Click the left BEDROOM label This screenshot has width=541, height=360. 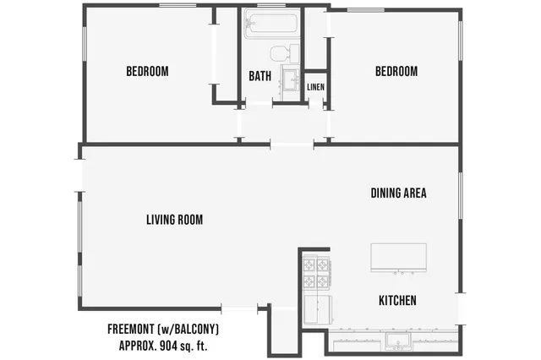(147, 72)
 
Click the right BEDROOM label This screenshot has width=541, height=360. (396, 72)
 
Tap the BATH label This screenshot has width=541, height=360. (260, 76)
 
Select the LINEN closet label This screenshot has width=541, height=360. (315, 87)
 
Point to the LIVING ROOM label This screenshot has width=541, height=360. (174, 220)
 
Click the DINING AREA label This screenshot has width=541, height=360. (398, 193)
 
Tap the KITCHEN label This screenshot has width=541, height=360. (397, 301)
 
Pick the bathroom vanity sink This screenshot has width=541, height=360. (291, 81)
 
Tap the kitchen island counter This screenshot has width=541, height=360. (398, 257)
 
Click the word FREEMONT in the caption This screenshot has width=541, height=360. (136, 329)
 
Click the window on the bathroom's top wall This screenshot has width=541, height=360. (270, 7)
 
